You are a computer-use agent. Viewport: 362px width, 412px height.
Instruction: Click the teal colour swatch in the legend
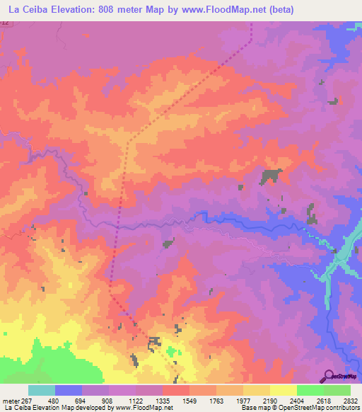[42, 390]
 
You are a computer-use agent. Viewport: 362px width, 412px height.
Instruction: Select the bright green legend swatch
[310, 390]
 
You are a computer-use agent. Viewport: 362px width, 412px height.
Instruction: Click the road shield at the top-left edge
[5, 24]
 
